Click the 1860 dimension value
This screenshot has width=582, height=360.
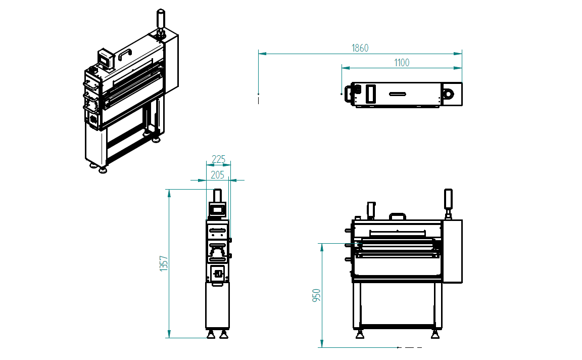coord(360,48)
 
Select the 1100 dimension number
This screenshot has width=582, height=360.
coord(402,63)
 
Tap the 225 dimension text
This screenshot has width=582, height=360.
coord(218,159)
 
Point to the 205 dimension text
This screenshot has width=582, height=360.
coord(217,175)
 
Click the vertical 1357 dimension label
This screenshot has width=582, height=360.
coord(163,263)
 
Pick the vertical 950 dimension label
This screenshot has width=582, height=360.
coord(317,296)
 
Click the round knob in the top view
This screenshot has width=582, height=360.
coord(448,94)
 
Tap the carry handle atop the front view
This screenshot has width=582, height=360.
coord(397,216)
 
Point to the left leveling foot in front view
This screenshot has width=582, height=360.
coord(360,334)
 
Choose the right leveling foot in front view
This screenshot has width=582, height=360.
coord(434,334)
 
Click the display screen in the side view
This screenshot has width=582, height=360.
coord(218,208)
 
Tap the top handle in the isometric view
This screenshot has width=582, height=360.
coord(125,54)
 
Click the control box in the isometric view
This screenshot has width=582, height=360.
coord(105,58)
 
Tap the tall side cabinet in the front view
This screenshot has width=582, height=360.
coord(452,251)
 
